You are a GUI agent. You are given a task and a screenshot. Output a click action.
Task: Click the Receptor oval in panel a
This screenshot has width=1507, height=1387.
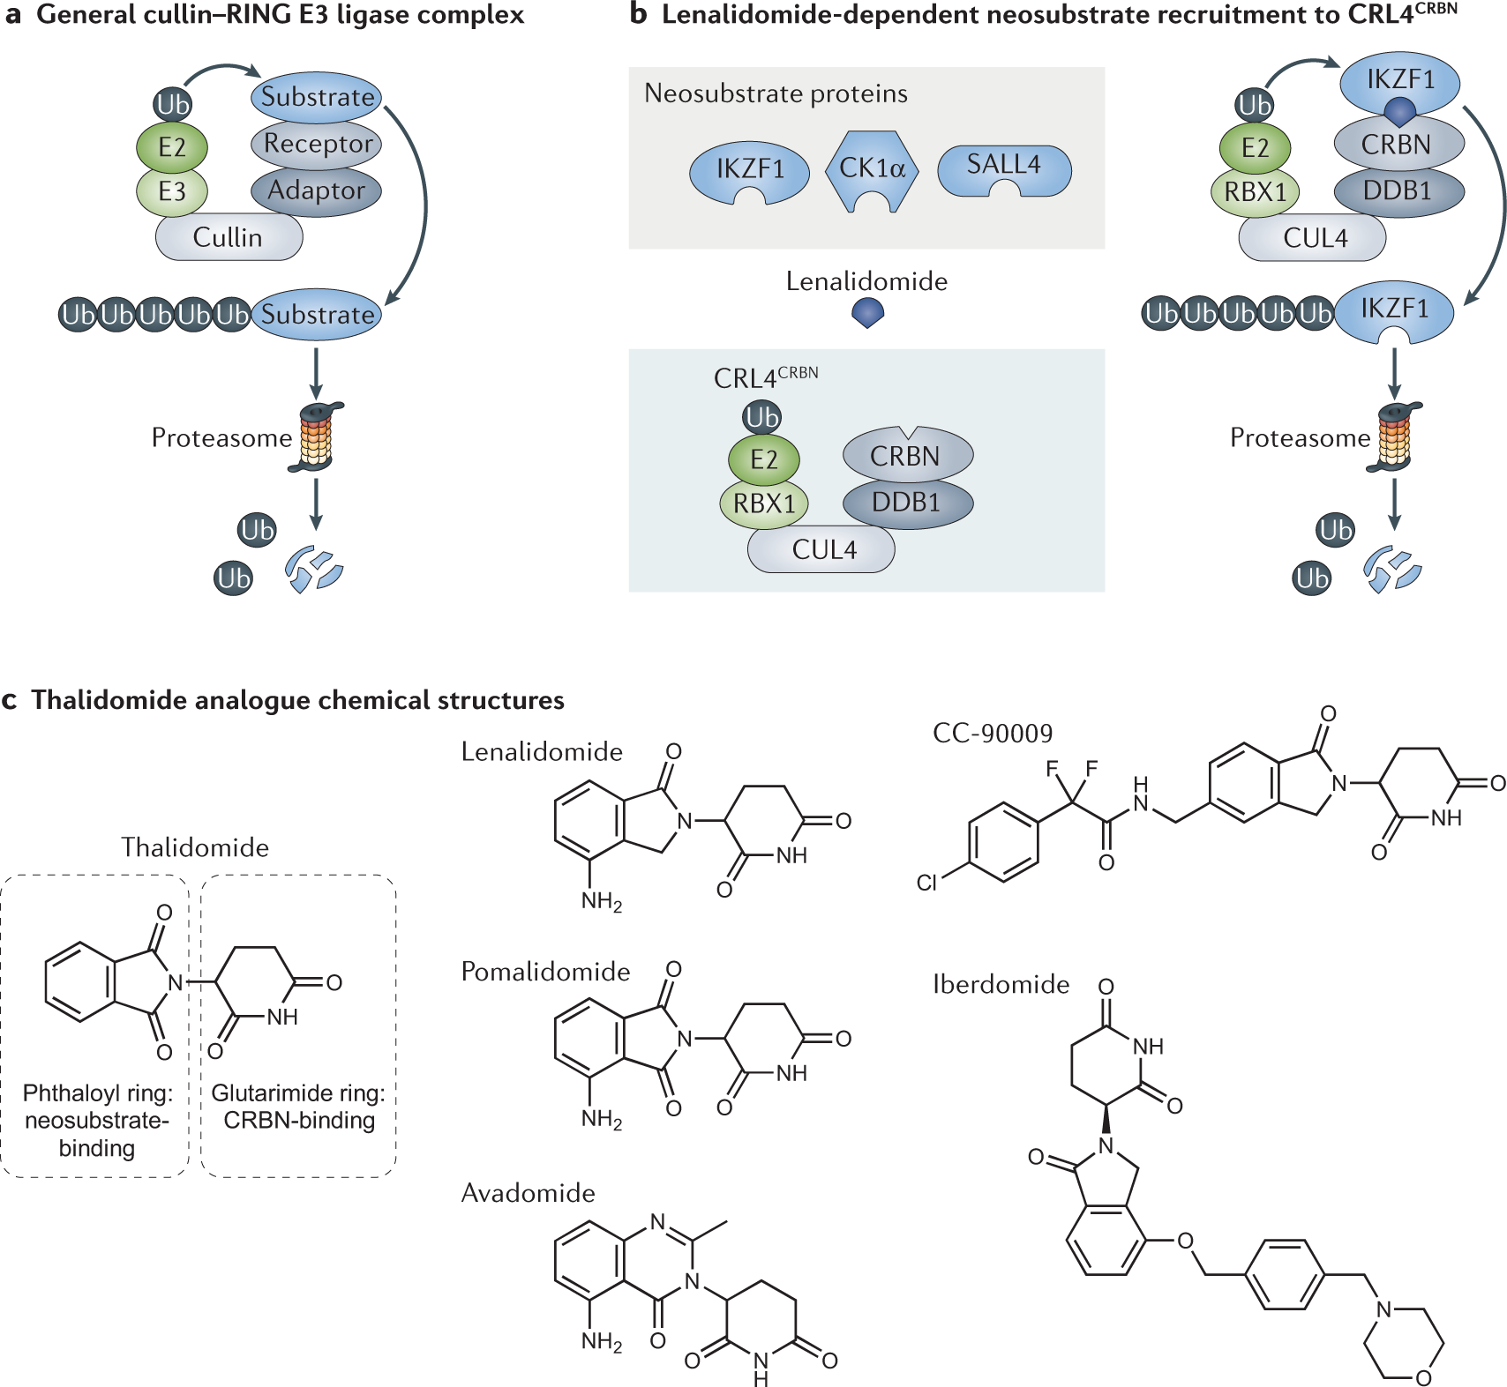(316, 144)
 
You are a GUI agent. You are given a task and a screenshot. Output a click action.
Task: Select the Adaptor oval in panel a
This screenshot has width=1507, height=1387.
(316, 190)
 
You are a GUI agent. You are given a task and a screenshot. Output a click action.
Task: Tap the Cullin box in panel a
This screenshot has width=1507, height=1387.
(229, 237)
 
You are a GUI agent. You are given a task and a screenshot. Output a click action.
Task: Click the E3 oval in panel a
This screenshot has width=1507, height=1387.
(171, 191)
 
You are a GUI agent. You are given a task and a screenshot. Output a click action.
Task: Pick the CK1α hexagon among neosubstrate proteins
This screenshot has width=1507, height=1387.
(872, 170)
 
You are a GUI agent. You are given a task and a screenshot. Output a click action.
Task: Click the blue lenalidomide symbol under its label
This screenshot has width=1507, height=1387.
(868, 312)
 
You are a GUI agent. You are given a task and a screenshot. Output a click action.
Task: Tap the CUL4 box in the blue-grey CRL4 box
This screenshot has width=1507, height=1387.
(822, 550)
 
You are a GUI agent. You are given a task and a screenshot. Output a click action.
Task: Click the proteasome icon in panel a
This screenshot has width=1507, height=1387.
(317, 437)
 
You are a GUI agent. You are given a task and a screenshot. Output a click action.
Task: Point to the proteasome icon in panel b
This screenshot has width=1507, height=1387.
(1395, 437)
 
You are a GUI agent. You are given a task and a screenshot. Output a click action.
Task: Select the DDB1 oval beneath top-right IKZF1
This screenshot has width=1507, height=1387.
(1398, 190)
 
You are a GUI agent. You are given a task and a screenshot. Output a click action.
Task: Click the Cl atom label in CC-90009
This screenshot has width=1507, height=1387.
(926, 883)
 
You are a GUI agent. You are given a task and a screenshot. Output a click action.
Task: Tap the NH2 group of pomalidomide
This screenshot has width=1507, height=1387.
(602, 1120)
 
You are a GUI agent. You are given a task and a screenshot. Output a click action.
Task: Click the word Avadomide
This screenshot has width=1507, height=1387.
(528, 1193)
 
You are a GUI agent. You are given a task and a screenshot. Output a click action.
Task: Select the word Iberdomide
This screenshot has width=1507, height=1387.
(1001, 984)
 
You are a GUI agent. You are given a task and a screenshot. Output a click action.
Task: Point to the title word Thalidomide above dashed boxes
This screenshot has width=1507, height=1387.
(195, 847)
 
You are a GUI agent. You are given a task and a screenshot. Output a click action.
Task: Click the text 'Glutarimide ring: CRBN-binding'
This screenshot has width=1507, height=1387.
(298, 1107)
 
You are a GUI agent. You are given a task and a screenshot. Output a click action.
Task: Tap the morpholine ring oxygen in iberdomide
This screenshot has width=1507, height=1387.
(1423, 1377)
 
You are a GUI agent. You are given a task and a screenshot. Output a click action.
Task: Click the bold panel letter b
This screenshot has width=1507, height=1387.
(638, 14)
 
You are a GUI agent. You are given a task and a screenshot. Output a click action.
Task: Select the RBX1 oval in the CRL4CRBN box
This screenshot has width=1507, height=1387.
(764, 504)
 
